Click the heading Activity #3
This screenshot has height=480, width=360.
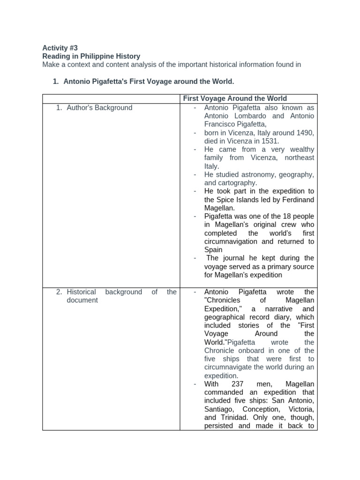60,48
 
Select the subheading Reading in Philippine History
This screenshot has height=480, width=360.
91,56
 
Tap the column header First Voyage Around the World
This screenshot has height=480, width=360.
234,98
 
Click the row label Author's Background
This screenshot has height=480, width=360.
99,108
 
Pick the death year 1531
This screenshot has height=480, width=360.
269,141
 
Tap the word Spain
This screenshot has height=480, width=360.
213,250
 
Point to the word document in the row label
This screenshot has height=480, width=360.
82,300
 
